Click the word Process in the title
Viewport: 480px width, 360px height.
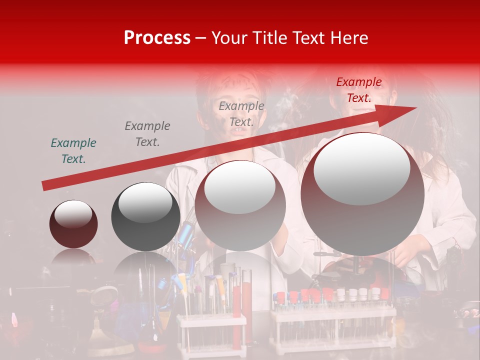157,38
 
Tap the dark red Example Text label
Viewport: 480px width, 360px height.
358,90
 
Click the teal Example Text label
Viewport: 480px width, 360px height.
73,150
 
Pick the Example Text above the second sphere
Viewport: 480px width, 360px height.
147,133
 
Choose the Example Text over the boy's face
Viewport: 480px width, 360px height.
241,113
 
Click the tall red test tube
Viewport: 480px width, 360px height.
236,295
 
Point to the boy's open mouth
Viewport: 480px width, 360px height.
239,131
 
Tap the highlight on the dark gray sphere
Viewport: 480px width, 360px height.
145,202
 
